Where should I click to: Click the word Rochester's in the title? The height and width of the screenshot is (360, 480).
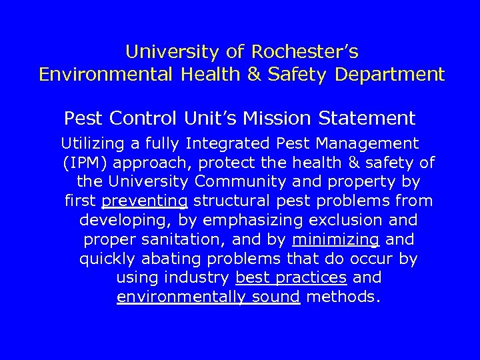[305, 51]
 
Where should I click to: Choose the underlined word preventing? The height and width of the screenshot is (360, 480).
[145, 201]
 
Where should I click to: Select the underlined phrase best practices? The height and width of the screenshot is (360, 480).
[291, 278]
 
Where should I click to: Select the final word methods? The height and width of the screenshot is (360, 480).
[343, 297]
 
